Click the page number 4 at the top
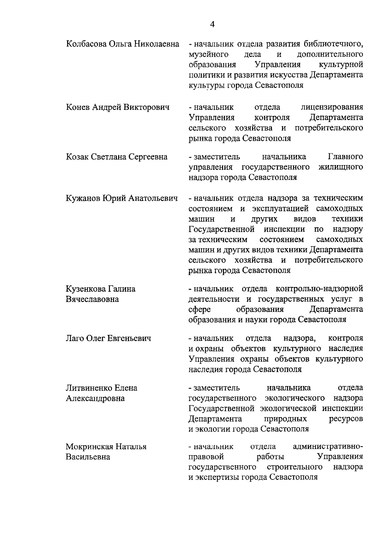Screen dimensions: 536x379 point(212,24)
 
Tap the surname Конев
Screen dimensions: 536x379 point(78,107)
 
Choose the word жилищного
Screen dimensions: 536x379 point(340,167)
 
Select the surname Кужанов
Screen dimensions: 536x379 point(82,198)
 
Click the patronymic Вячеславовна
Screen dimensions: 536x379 point(92,299)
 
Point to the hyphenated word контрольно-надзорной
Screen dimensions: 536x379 point(319,289)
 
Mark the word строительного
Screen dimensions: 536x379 point(295,467)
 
